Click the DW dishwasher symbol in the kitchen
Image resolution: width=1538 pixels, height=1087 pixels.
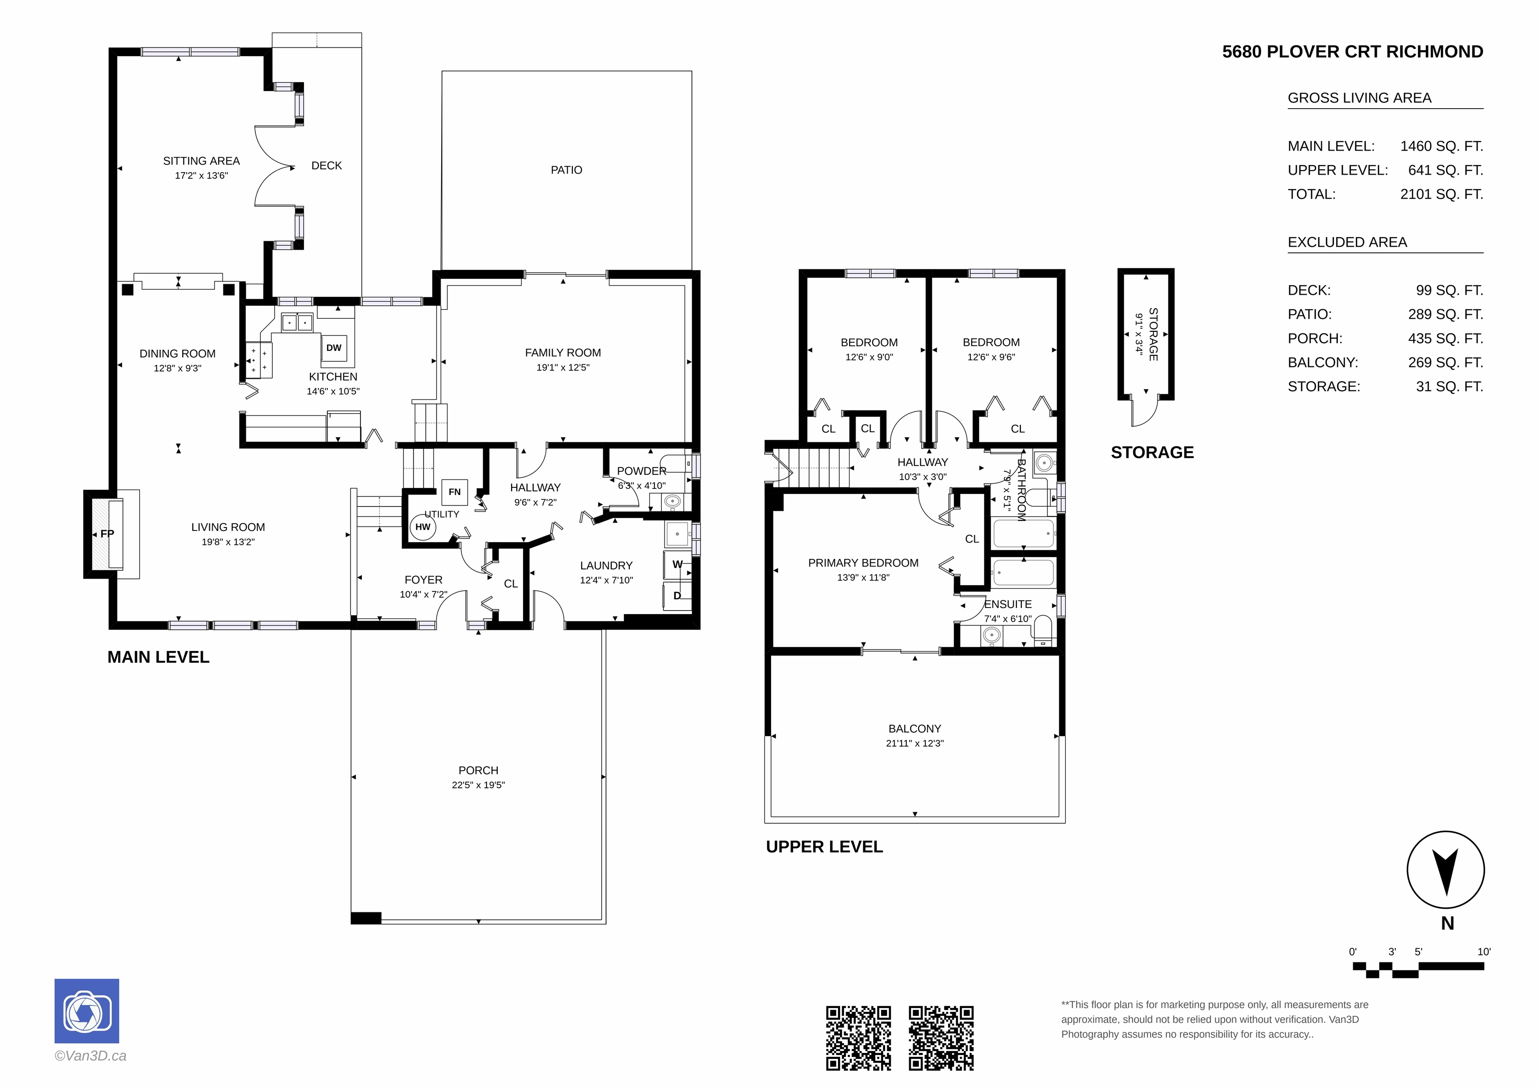point(333,348)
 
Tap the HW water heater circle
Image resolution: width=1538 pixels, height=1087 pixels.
point(423,527)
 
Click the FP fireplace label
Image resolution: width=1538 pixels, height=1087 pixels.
point(107,534)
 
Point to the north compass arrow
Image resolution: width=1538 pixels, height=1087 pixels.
point(1445,871)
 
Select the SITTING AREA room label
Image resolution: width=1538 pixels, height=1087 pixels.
point(202,161)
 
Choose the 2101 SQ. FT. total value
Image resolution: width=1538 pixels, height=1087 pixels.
point(1441,194)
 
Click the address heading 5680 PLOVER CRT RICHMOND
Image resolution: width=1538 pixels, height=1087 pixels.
point(1352,52)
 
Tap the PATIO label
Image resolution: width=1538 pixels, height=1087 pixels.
point(567,170)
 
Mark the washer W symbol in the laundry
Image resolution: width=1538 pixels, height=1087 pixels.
point(678,565)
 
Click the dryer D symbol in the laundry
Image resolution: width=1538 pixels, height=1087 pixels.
point(677,596)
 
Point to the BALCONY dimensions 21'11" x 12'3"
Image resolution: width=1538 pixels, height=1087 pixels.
point(914,743)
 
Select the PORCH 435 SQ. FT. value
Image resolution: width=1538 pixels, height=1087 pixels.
point(1445,339)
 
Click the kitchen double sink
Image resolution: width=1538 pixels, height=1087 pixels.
point(297,323)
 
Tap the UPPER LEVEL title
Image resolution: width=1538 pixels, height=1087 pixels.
point(825,847)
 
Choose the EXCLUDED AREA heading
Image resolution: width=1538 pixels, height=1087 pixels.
point(1347,242)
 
